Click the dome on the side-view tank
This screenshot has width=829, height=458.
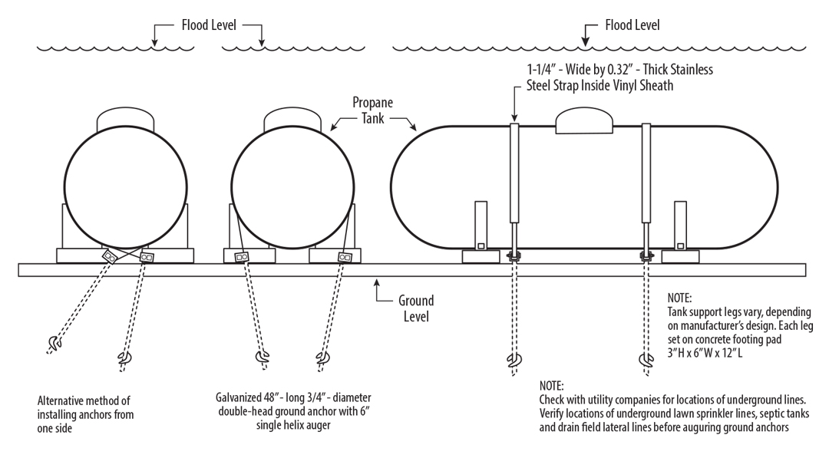[585, 120]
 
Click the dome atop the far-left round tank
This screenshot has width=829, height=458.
[125, 120]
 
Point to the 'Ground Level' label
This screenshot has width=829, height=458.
[415, 308]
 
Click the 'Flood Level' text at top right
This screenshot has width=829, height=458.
[632, 25]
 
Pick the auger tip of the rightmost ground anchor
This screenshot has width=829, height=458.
[644, 360]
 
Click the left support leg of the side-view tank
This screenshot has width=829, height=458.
[481, 225]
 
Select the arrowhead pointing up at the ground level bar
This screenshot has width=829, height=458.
[375, 282]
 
